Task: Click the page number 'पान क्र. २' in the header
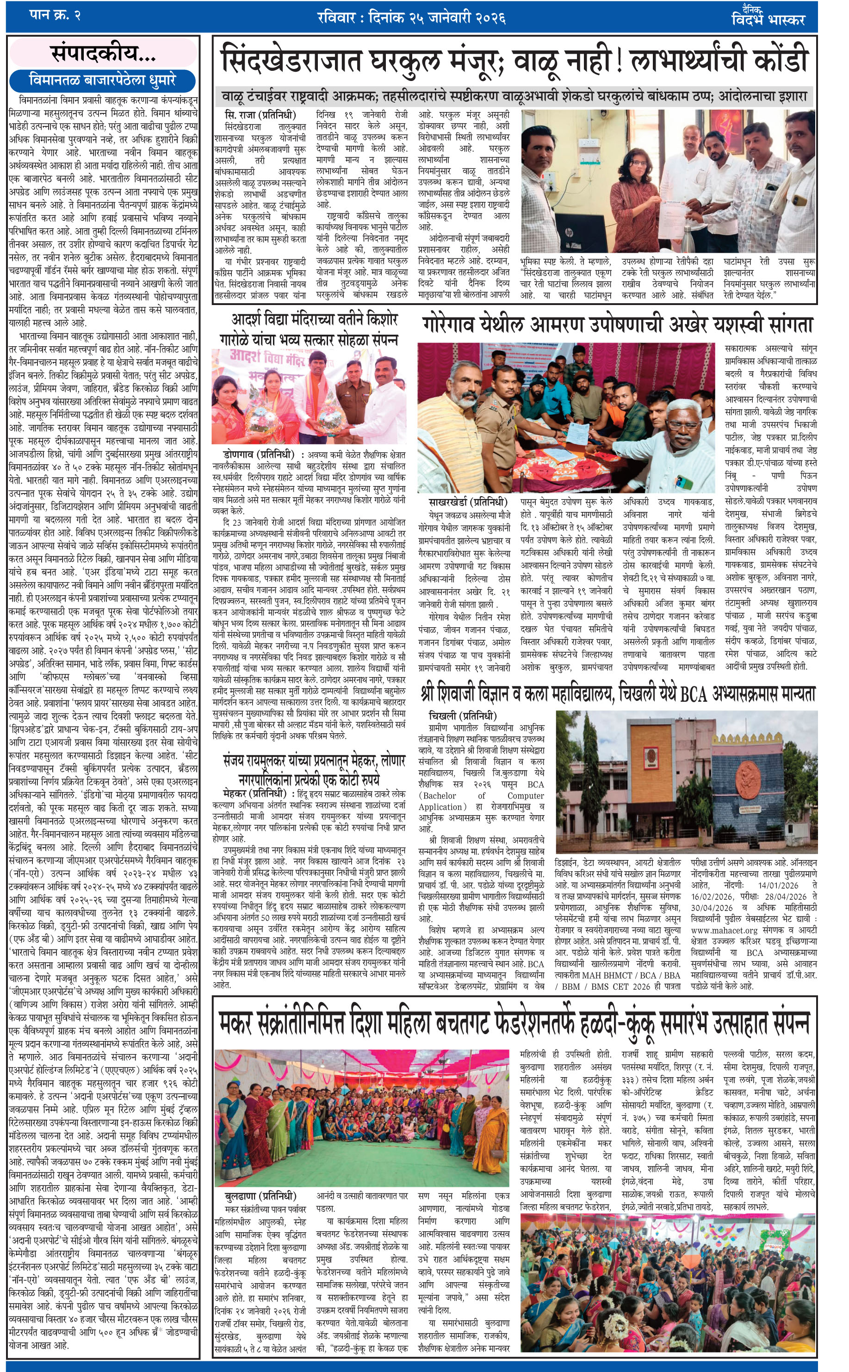pyautogui.click(x=55, y=16)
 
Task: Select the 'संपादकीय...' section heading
pyautogui.click(x=103, y=54)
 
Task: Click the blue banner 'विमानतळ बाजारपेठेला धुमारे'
pyautogui.click(x=103, y=80)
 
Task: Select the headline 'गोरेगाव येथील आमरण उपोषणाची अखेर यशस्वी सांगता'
pyautogui.click(x=618, y=325)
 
